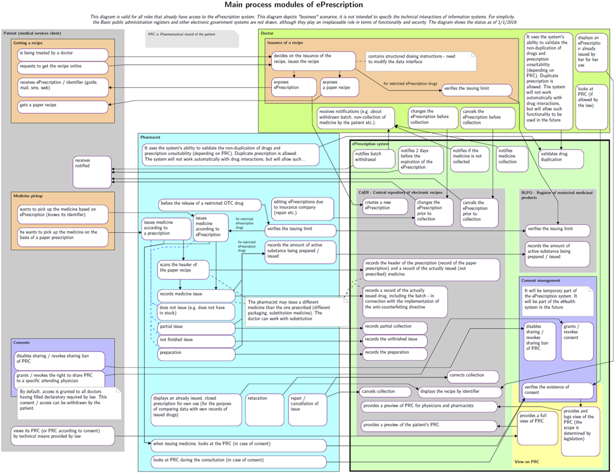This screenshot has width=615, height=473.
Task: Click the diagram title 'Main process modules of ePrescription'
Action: (x=294, y=5)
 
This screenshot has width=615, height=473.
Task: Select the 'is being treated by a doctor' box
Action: (x=63, y=55)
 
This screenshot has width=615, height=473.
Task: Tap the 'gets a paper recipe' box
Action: (x=63, y=107)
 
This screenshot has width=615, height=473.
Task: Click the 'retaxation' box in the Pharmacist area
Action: (x=265, y=410)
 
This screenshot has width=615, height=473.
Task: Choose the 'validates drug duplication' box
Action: (x=561, y=159)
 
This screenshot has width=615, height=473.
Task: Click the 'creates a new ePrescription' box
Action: (x=385, y=206)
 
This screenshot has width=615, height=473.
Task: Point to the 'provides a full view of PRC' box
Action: (x=537, y=428)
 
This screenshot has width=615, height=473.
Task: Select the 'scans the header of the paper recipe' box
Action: (x=183, y=270)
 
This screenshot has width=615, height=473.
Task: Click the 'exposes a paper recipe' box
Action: (x=340, y=87)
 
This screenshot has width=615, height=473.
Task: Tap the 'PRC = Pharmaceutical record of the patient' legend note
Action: (x=192, y=39)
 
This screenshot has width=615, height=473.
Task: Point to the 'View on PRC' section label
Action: (x=527, y=462)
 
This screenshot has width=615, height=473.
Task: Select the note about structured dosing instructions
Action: (x=421, y=61)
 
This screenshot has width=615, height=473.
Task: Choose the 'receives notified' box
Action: (x=92, y=172)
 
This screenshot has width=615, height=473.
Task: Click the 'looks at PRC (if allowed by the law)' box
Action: (x=591, y=107)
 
